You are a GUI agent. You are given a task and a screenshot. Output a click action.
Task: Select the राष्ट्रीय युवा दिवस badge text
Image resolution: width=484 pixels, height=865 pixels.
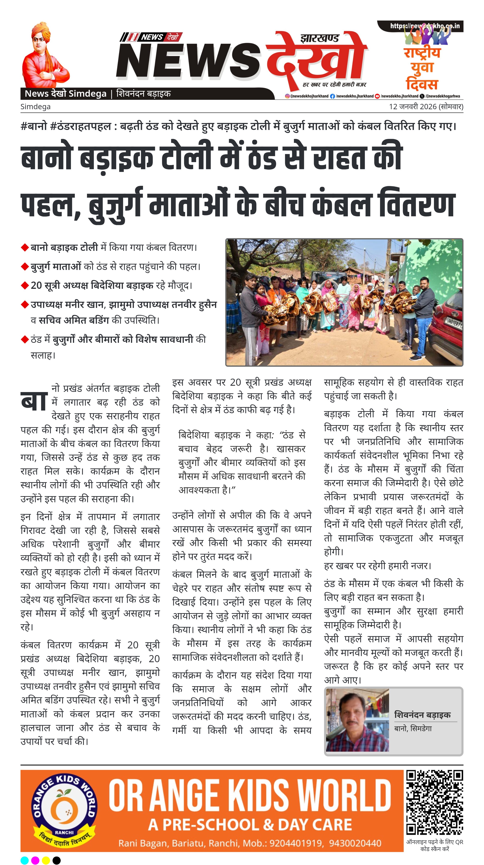pyautogui.click(x=422, y=68)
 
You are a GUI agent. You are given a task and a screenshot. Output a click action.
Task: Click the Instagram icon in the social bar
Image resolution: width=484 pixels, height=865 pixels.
pyautogui.click(x=287, y=96)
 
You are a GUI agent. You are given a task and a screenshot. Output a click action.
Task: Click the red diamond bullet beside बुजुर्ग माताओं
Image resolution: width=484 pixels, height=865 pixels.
pyautogui.click(x=24, y=267)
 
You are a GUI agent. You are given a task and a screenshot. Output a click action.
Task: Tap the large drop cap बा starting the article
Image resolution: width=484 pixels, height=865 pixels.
pyautogui.click(x=34, y=401)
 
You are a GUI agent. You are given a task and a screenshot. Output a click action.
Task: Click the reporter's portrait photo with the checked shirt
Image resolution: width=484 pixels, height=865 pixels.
pyautogui.click(x=357, y=720)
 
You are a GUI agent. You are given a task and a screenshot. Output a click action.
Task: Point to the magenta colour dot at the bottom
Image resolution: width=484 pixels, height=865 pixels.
pyautogui.click(x=35, y=860)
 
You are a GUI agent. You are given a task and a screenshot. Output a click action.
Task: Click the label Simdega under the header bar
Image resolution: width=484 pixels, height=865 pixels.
pyautogui.click(x=35, y=107)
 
